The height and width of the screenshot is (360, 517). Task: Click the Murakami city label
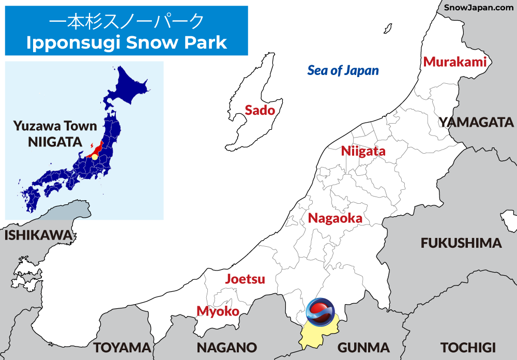(x=455, y=62)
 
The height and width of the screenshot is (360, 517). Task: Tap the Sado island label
(x=260, y=110)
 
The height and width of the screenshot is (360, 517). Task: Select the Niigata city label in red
(x=363, y=152)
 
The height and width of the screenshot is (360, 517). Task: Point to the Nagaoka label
(x=335, y=218)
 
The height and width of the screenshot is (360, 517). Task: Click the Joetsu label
(x=245, y=279)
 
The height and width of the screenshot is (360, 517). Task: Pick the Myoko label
(x=218, y=311)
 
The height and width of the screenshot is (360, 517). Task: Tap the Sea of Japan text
(x=343, y=70)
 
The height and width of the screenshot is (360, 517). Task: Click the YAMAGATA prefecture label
(x=476, y=123)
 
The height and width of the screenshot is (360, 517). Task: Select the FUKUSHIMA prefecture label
(x=461, y=243)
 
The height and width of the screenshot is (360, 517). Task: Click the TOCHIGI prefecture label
(x=468, y=347)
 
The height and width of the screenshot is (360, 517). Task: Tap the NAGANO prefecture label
(x=226, y=347)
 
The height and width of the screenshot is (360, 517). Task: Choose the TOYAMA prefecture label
(x=121, y=347)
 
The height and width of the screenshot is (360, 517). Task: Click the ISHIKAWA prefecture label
(x=38, y=235)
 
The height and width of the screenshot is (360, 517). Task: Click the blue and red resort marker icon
(x=320, y=312)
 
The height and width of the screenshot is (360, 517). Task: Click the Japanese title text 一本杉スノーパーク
(x=126, y=21)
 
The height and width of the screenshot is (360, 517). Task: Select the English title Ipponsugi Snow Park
(x=126, y=42)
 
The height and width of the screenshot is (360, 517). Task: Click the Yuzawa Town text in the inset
(x=55, y=126)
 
